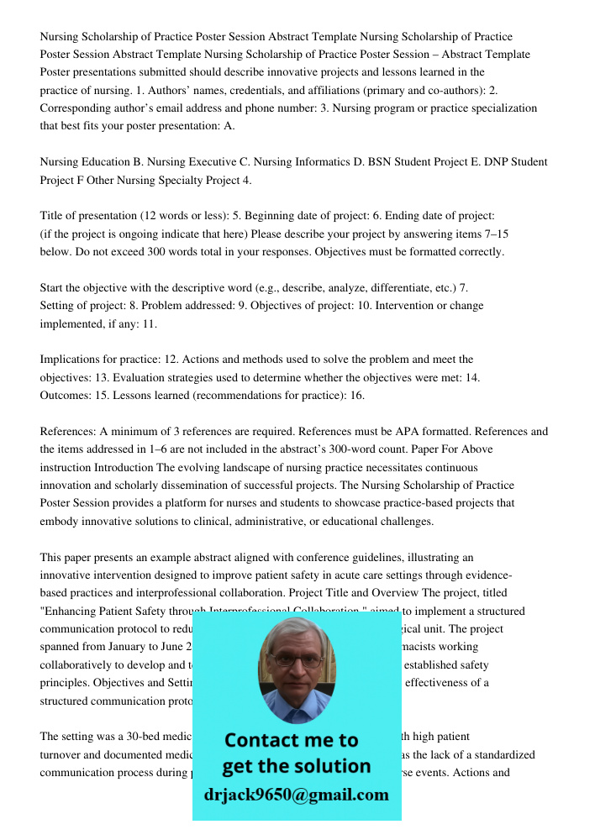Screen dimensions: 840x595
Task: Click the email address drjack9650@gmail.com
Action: (296, 795)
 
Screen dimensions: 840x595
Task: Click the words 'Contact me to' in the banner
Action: (292, 740)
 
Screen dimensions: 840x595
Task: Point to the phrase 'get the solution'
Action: (296, 766)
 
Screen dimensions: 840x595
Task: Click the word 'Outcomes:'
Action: (66, 396)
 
